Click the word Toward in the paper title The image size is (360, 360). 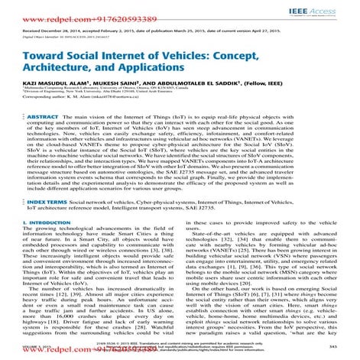tap(37, 58)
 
